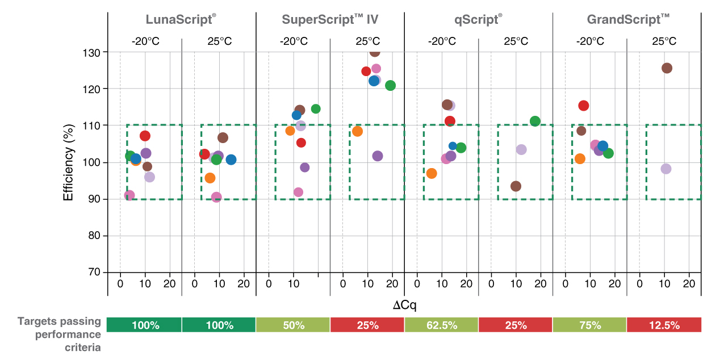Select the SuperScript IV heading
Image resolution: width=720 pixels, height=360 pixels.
tap(330, 20)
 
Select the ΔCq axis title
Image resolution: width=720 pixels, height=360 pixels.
tap(404, 305)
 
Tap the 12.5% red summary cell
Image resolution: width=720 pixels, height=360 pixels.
tap(664, 325)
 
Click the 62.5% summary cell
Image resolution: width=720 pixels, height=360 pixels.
tap(441, 325)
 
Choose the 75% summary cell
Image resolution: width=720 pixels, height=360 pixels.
tap(589, 325)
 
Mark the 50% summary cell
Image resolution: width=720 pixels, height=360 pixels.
tap(293, 325)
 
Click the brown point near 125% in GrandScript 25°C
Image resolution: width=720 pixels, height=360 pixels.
tap(667, 68)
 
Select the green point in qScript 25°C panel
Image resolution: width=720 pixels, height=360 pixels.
tap(535, 121)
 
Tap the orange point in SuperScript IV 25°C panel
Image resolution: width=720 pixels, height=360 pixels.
tap(357, 131)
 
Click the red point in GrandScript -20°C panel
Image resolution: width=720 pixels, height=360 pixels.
tap(583, 106)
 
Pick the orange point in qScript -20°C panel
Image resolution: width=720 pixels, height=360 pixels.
tap(432, 173)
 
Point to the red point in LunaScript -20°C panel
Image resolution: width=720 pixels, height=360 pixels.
tap(145, 136)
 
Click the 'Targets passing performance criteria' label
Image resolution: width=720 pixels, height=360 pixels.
tap(60, 334)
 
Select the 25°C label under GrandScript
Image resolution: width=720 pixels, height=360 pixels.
tap(664, 41)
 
